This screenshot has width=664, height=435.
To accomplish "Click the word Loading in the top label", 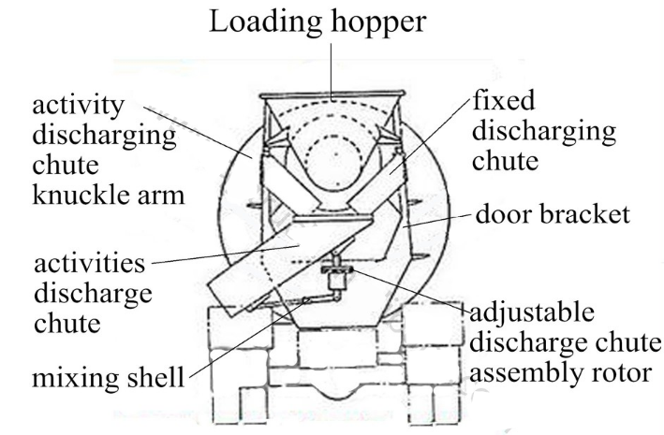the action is coord(266,22).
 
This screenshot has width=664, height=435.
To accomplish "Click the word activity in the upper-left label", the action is coord(79,106).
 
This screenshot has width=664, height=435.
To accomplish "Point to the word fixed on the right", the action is coord(504,100).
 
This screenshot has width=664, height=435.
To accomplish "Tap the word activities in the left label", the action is coord(90,263).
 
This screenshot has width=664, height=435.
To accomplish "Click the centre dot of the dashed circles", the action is coord(336,154).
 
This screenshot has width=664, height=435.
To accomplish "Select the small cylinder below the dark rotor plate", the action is coord(337,281).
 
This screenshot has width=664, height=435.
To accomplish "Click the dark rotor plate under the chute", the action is coord(337,269).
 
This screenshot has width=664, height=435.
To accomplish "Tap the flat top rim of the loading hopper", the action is coord(332,94).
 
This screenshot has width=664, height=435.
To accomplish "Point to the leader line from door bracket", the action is coord(436,221).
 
